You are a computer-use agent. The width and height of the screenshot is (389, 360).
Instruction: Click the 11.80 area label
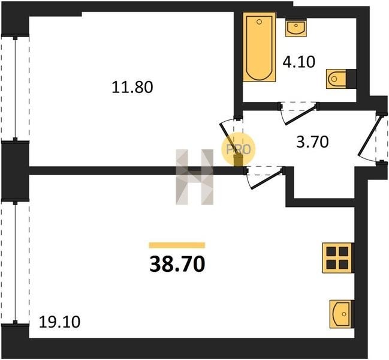132,88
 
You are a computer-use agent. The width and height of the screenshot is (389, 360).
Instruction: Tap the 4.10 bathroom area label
299,62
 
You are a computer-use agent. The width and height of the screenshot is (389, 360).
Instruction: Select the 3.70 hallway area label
313,142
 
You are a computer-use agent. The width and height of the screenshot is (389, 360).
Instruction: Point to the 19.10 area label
59,322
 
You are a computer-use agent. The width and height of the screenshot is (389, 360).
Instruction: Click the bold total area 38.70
177,264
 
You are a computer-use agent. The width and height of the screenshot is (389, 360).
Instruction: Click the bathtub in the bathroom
260,47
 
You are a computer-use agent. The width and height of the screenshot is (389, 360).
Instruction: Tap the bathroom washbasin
295,29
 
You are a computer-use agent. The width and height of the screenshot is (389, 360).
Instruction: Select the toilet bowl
336,79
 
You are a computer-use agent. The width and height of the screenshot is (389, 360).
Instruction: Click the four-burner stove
338,258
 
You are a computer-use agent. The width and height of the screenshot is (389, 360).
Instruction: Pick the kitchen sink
342,314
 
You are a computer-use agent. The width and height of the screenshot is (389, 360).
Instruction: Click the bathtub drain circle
260,22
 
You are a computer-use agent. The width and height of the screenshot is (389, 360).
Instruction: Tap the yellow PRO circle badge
238,149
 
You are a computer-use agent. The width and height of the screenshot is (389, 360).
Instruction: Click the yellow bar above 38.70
177,245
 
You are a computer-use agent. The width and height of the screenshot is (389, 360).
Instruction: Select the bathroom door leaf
301,115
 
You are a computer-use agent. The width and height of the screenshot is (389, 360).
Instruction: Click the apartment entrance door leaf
367,136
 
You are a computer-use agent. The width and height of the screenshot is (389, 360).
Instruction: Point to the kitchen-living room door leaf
267,179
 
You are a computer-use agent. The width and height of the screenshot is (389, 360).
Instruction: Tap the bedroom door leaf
228,140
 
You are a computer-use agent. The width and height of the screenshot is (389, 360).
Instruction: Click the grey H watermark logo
194,177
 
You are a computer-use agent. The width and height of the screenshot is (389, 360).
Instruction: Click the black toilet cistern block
352,79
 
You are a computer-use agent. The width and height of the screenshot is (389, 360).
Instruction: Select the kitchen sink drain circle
344,314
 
